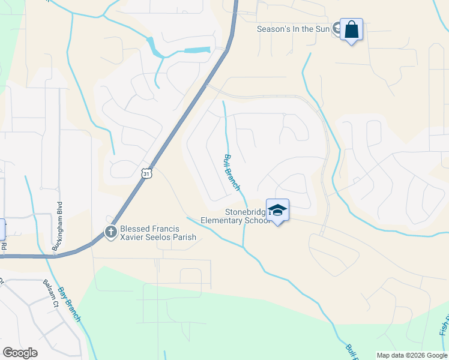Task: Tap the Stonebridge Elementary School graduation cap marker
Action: (x=277, y=210)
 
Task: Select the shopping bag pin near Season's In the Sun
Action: (x=351, y=29)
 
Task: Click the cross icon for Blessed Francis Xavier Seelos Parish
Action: (x=110, y=232)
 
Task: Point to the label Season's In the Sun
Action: (x=294, y=29)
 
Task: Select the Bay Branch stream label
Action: (x=68, y=304)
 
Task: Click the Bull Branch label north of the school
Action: (x=232, y=173)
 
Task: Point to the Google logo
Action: (x=20, y=353)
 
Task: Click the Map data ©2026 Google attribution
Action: (x=412, y=355)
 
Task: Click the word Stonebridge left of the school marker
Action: (x=246, y=212)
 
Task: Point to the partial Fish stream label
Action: (x=443, y=326)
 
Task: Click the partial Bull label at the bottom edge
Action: (x=351, y=352)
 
